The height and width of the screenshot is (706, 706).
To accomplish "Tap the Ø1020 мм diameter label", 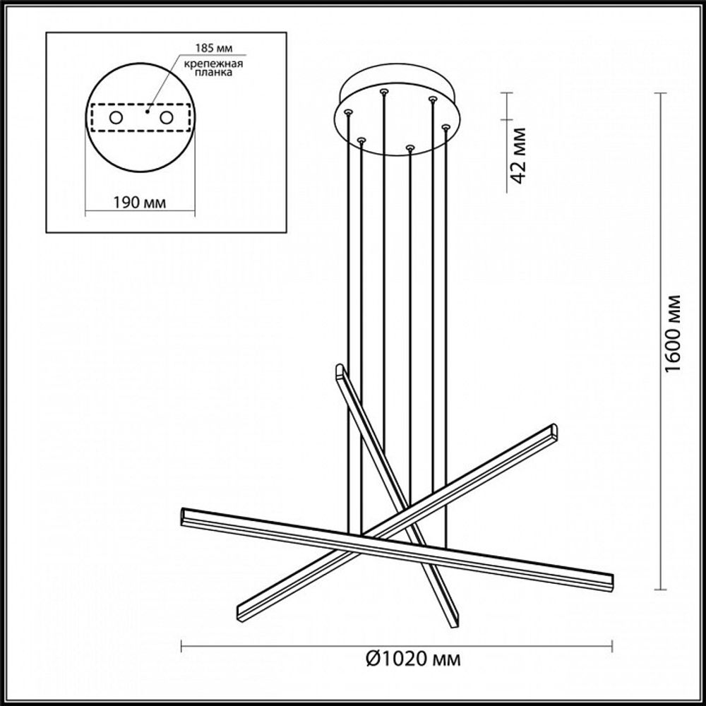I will pos(414,659).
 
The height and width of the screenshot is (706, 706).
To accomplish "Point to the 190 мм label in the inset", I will pos(140,203).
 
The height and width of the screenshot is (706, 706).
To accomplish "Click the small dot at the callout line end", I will pos(148,110).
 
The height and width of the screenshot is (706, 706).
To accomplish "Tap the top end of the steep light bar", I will pos(340,369).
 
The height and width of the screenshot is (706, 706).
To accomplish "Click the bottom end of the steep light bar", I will pos(455,622).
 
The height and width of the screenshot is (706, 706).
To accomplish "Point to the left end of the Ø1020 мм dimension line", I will pos(182,643).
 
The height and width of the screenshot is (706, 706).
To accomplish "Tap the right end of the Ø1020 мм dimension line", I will pos(612,643).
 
